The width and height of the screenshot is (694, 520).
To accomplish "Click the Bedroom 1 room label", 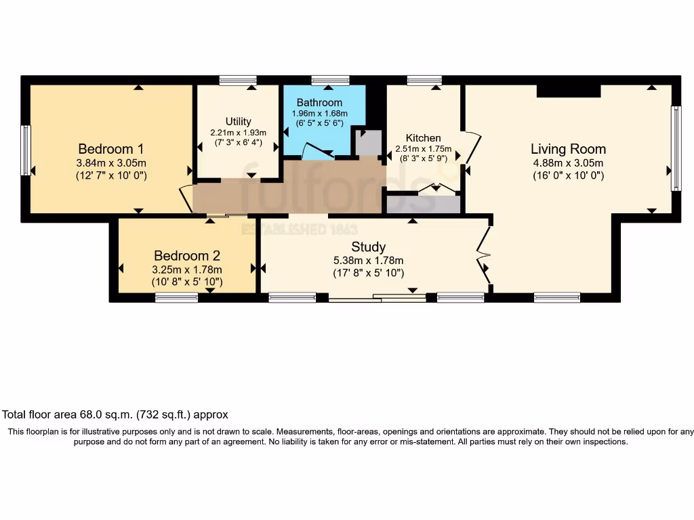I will [x=111, y=149].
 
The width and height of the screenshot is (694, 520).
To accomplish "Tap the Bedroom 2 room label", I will [x=187, y=256].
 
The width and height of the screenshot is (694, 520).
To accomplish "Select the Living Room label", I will [x=568, y=149].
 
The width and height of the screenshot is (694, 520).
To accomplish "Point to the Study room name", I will [x=369, y=247].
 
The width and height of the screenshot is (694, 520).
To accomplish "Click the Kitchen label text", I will [x=423, y=138].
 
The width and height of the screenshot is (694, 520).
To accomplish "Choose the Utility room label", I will [x=238, y=122].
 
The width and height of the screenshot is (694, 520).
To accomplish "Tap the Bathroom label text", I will [x=319, y=103].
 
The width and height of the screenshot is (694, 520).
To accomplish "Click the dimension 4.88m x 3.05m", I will [x=568, y=163].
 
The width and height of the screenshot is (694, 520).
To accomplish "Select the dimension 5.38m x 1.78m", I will [x=369, y=261].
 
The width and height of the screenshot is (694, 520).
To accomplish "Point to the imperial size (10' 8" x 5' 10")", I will [x=187, y=282].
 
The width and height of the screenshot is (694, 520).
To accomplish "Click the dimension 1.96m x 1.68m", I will [x=319, y=113].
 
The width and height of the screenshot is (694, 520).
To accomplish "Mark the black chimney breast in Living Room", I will [x=569, y=91].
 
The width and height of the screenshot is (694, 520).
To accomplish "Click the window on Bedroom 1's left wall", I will [x=26, y=150].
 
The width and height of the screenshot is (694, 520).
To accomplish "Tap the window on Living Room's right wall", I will [x=675, y=148].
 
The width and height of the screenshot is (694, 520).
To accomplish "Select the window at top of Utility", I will [x=238, y=80].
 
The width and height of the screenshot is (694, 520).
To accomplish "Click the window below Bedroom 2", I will [x=176, y=297].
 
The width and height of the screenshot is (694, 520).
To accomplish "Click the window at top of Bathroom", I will [x=330, y=80].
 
